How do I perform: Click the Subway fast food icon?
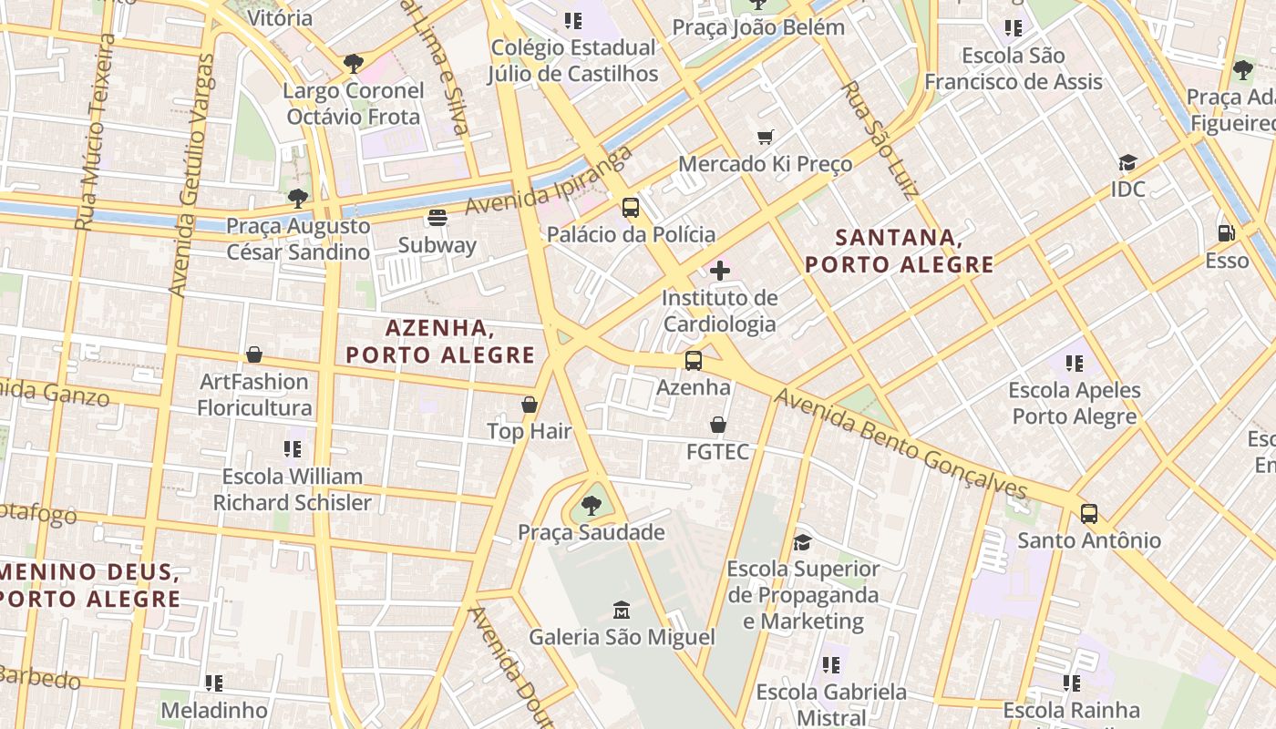437,218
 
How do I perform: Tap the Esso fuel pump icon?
1227,233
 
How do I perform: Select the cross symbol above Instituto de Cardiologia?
720,271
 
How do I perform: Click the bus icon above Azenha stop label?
694,361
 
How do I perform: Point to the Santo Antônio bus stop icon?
1089,513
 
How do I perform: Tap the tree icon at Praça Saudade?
592,505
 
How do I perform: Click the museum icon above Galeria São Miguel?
622,610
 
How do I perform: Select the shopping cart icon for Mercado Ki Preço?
766,137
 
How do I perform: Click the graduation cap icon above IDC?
1127,163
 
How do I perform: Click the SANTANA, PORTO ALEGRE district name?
899,252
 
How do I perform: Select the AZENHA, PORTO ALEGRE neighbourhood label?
440,342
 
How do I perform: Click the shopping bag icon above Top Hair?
530,404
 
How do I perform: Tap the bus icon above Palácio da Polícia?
631,207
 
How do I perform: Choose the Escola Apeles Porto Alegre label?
1075,403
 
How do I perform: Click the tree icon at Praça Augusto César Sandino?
297,198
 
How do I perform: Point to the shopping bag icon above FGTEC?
718,425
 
